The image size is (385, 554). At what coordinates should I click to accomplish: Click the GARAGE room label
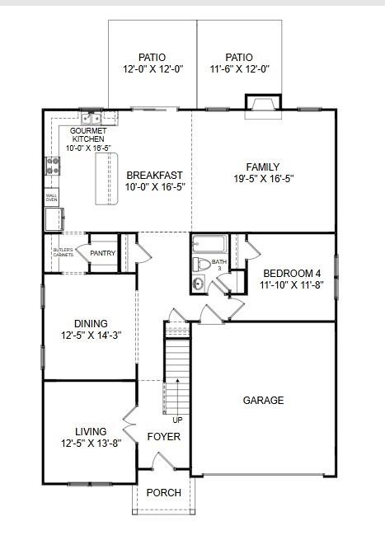[x=263, y=401]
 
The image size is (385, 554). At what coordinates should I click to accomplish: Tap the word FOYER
[x=163, y=437]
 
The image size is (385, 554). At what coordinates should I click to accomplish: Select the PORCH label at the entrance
[x=163, y=493]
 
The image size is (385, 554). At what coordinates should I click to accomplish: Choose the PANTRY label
[x=103, y=253]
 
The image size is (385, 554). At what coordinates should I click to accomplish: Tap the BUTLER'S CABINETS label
[x=63, y=252]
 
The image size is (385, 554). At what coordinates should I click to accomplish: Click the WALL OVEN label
[x=51, y=198]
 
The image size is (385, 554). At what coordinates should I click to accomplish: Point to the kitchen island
[x=106, y=178]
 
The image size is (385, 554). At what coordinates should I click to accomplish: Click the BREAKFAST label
[x=154, y=175]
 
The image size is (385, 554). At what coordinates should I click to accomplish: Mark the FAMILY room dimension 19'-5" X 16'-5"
[x=264, y=178]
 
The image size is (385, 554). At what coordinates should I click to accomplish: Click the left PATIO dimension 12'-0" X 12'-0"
[x=153, y=69]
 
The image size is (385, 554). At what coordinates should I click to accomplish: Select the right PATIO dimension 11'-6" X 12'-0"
[x=239, y=69]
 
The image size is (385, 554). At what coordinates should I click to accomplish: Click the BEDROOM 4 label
[x=293, y=274]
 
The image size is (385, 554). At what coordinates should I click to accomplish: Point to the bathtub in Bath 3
[x=209, y=244]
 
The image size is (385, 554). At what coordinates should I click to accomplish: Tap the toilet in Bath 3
[x=200, y=265]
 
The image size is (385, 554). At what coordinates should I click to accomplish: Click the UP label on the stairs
[x=176, y=420]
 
